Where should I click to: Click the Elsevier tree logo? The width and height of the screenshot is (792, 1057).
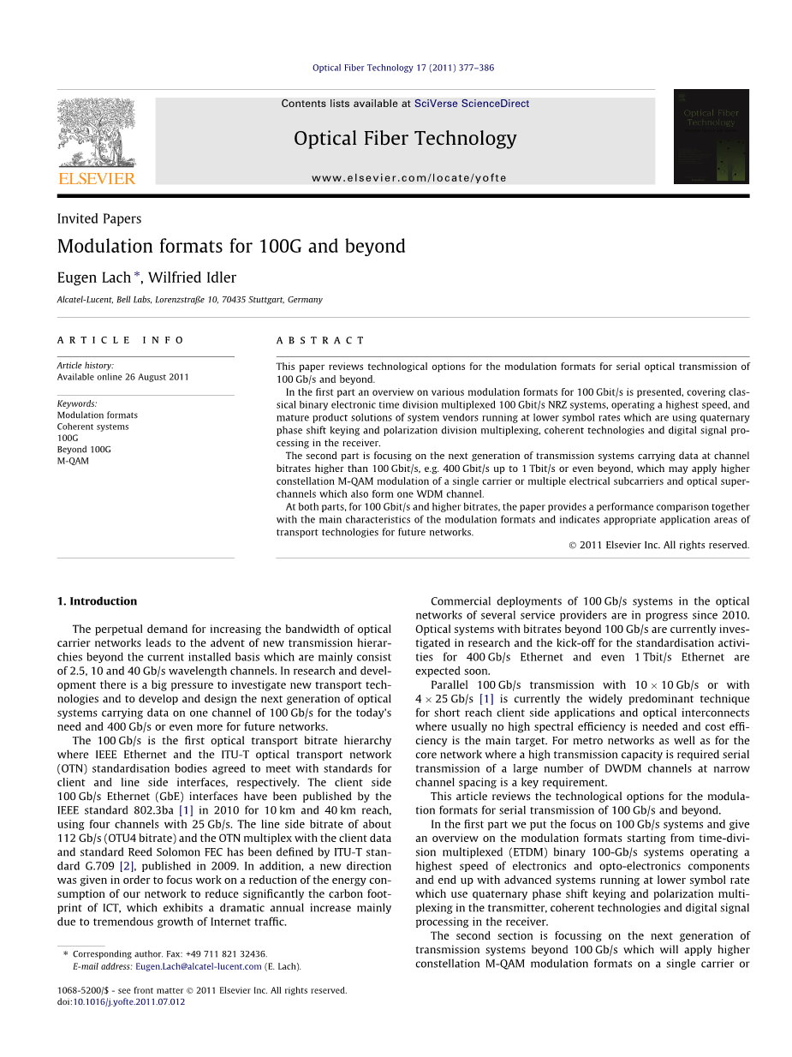pos(96,132)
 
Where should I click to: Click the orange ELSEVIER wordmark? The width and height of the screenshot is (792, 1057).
pos(97,178)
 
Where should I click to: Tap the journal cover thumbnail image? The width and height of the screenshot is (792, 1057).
pos(711,136)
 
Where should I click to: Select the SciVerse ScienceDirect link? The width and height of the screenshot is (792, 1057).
pos(472,104)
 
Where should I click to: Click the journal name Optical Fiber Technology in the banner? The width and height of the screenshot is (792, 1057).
pos(405,138)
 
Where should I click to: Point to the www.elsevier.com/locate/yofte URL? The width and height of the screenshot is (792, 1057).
pos(409,178)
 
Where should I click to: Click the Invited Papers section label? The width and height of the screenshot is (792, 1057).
pos(99,218)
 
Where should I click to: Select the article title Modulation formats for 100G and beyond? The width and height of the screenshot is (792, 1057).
pos(231,247)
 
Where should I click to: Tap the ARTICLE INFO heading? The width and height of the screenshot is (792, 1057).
pos(121,340)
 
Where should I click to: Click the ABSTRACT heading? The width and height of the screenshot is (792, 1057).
pos(321,340)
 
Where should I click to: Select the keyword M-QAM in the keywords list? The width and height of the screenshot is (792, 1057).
pos(73,461)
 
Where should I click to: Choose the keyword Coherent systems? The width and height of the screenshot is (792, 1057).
pos(93,427)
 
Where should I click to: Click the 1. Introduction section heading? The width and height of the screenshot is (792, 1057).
pos(97,601)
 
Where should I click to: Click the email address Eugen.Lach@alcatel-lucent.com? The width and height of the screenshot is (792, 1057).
pos(199,966)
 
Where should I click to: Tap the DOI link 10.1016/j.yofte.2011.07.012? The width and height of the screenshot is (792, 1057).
pos(128,1001)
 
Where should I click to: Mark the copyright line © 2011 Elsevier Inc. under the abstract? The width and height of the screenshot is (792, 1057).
pos(658,545)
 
